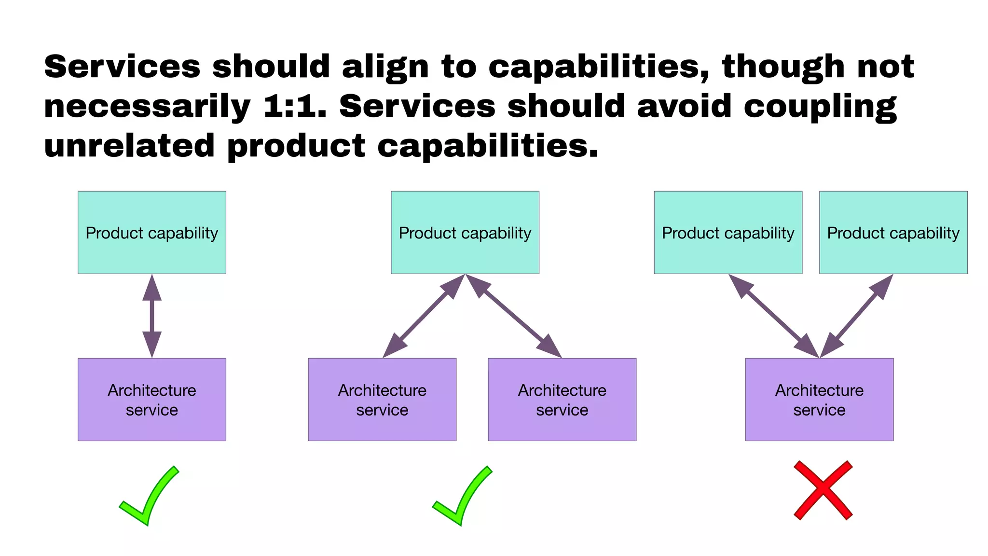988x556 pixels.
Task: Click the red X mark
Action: tap(823, 490)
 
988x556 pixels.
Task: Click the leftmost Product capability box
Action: tap(152, 233)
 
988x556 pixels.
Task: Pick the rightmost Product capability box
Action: tap(893, 233)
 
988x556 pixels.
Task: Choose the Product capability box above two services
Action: tap(465, 233)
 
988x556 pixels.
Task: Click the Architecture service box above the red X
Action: tap(819, 400)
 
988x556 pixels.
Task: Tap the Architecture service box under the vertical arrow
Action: tap(152, 400)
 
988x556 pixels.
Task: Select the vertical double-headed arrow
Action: tap(152, 316)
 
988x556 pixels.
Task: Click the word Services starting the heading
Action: tap(122, 67)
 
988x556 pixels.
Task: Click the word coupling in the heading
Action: tap(820, 106)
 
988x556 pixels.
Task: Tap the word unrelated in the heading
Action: tap(129, 146)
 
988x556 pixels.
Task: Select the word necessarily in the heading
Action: tap(147, 106)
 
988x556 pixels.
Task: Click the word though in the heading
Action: tap(783, 67)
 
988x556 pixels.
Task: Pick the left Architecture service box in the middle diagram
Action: tap(382, 400)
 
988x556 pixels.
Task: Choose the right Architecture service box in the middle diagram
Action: tap(562, 400)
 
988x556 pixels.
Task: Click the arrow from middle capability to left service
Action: tap(424, 316)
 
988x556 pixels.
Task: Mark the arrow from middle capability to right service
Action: tap(513, 316)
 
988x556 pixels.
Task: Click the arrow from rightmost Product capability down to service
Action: tap(856, 316)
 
